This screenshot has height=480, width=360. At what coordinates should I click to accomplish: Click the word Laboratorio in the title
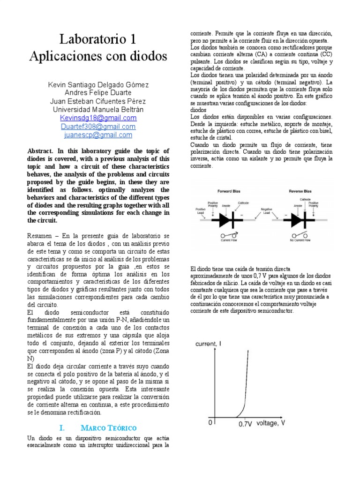[88, 38]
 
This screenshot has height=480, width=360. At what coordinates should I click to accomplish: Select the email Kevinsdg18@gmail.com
[98, 118]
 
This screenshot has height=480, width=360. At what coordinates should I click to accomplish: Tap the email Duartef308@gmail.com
[98, 127]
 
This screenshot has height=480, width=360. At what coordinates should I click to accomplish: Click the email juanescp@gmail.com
[98, 135]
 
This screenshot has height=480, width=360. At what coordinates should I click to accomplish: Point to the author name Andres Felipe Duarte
[98, 93]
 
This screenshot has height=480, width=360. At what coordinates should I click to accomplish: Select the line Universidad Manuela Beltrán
[98, 109]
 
